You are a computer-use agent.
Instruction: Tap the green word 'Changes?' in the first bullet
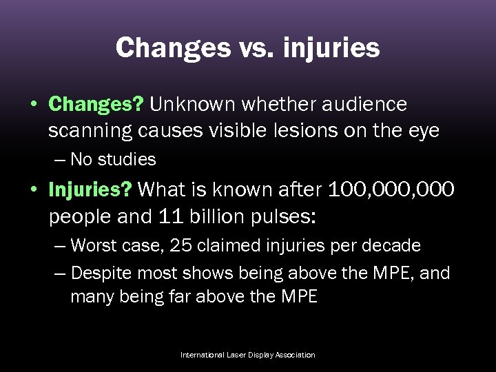(96, 104)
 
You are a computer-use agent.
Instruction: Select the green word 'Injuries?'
(92, 189)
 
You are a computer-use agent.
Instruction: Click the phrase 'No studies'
(113, 160)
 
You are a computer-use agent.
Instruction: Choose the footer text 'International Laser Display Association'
(247, 355)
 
